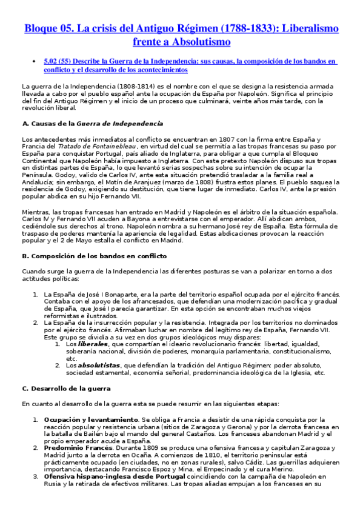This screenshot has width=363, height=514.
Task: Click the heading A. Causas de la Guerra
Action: [92, 124]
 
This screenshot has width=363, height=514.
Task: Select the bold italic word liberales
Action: [82, 344]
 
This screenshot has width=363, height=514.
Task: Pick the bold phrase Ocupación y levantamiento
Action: [91, 419]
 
